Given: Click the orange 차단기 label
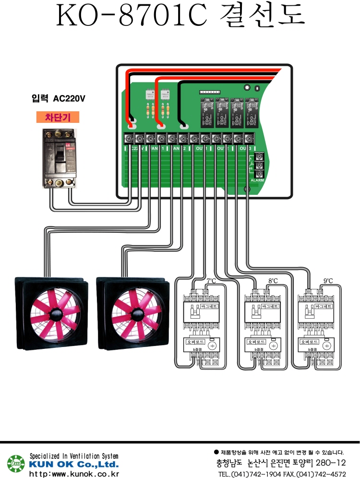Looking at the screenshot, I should pos(57,117).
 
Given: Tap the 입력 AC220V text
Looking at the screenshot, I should pos(58,99).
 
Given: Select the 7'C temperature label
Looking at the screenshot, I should pos(211,281).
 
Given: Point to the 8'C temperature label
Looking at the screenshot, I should pos(273,281).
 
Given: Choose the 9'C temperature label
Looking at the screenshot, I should pos(328,281).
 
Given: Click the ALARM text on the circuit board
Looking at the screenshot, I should pos(257,180).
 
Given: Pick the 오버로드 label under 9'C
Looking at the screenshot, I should pos(308,342).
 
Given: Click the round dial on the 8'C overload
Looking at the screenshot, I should pos(273,346).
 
